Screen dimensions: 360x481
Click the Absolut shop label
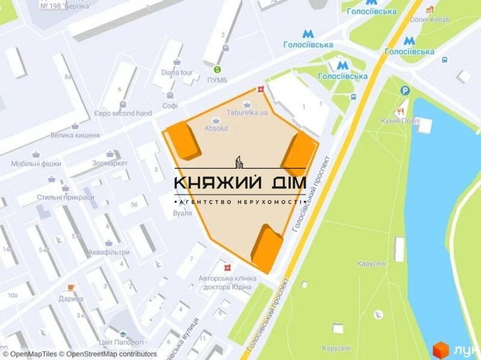point(216,129)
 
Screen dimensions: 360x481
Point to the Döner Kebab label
point(430,20)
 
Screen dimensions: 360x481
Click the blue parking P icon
point(405,90)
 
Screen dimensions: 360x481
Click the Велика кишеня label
point(75,136)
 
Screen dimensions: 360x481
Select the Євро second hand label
point(123,113)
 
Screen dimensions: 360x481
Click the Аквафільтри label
point(109,252)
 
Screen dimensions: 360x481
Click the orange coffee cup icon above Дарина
point(71,287)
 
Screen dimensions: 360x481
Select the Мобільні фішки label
point(37,164)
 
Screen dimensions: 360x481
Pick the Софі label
point(170,105)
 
